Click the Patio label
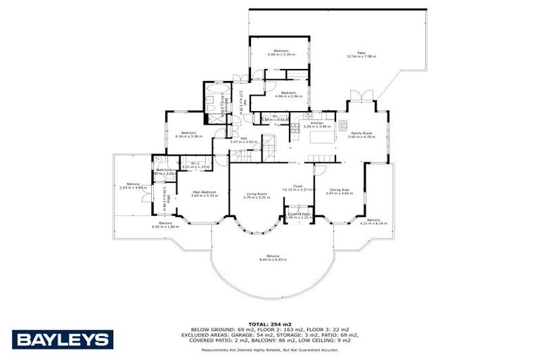(x=361, y=52)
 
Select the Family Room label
(x=361, y=133)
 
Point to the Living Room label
(x=256, y=194)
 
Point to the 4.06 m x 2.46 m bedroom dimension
(x=288, y=97)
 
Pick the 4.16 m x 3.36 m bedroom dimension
(x=188, y=136)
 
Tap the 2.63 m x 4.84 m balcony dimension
(x=133, y=188)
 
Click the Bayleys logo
(x=63, y=340)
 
